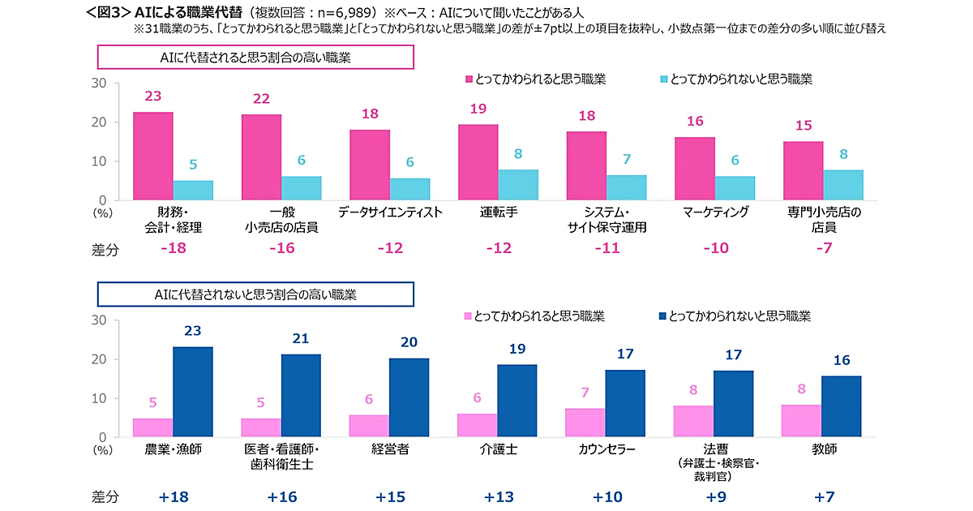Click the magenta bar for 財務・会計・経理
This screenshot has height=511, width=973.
(x=153, y=157)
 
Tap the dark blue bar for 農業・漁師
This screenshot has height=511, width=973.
(x=193, y=393)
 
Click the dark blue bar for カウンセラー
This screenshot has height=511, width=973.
(x=626, y=404)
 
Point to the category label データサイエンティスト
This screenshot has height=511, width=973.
(x=390, y=213)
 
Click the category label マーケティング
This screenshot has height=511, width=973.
(x=715, y=213)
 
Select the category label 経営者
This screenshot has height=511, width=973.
(x=390, y=449)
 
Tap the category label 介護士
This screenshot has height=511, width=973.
(x=498, y=449)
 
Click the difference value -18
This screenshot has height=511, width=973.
(x=174, y=249)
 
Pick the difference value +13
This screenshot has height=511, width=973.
(x=499, y=496)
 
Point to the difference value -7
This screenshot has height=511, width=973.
(x=823, y=249)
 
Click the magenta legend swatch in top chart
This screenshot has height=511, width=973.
(x=469, y=79)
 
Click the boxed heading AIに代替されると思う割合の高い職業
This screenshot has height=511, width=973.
(x=256, y=58)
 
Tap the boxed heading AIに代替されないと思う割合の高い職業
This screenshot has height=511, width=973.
(x=256, y=294)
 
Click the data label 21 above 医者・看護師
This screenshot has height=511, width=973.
(x=301, y=338)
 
